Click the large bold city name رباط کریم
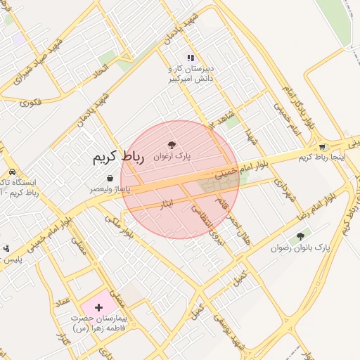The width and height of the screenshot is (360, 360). pos(117,158)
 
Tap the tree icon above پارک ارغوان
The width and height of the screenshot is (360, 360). pos(172,145)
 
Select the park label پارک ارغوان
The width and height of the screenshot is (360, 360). pos(172,157)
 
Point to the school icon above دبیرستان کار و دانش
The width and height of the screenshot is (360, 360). pos(190,58)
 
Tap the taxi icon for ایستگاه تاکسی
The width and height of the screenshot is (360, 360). pos(13,172)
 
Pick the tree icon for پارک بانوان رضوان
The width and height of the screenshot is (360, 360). pos(301,236)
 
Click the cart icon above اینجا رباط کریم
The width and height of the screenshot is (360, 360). pos(322,147)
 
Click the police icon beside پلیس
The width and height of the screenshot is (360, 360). pos(6,247)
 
